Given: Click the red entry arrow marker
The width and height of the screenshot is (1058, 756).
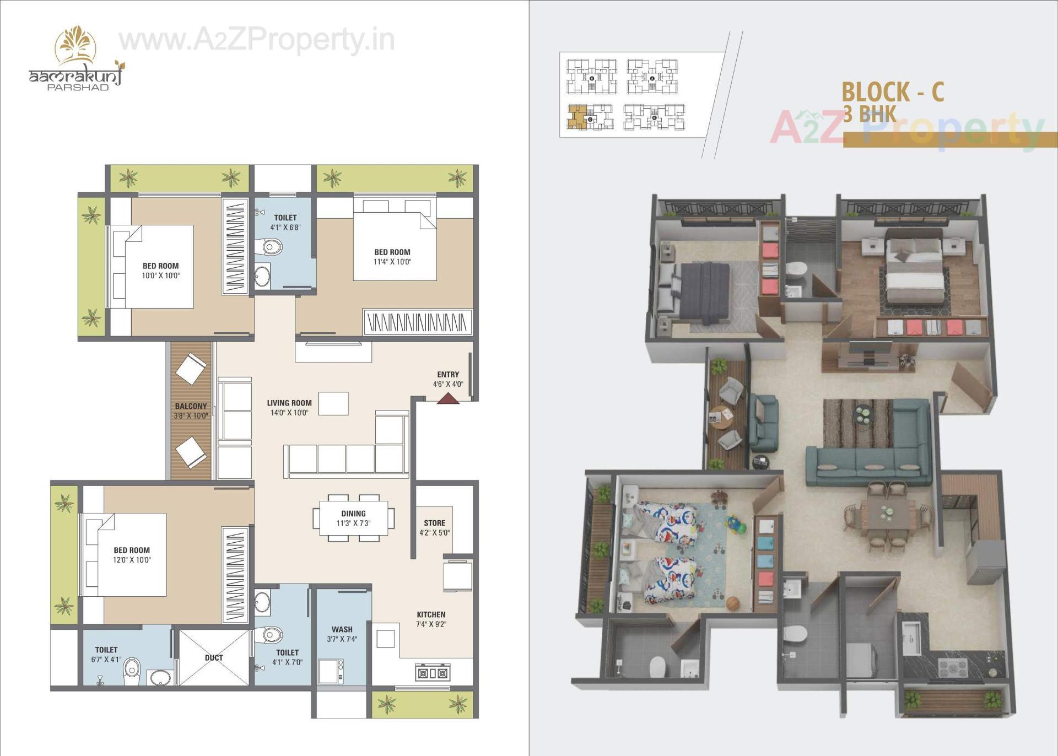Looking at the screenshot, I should tap(448, 398).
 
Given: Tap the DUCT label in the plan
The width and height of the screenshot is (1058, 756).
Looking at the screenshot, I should tap(214, 657).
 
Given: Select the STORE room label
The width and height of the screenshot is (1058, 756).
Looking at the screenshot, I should tap(434, 523).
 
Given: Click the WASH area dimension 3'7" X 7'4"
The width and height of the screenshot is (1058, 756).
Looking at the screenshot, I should tap(342, 639).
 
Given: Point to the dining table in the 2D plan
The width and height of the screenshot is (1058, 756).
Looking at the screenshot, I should tap(353, 518).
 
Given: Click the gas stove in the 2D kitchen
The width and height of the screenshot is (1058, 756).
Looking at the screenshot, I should tap(432, 673).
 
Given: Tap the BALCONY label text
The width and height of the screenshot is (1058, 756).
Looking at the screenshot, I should tap(191, 406).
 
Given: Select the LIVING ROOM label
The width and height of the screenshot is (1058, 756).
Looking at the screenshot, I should tap(289, 403).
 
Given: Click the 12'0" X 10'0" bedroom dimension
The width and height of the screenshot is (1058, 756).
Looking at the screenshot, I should tap(132, 560).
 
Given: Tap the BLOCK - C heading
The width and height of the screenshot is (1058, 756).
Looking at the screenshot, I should tap(893, 91).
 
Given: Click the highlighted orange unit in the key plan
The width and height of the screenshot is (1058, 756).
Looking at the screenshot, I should tap(576, 117).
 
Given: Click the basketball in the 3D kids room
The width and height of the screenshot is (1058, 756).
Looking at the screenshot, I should tap(732, 603).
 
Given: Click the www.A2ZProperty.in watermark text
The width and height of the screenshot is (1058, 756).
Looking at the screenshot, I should tap(257, 40).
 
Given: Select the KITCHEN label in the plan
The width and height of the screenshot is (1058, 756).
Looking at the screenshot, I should tap(431, 614).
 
